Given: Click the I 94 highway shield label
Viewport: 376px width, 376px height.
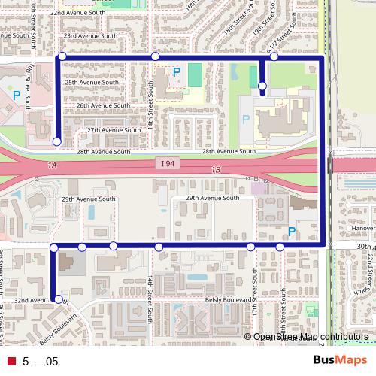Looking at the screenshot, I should coord(167,164).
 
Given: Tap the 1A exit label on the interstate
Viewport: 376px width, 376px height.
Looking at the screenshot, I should coord(51,165).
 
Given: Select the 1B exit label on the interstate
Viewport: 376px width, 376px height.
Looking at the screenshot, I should coord(216,170).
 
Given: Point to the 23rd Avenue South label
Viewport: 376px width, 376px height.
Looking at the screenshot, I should coord(90,36).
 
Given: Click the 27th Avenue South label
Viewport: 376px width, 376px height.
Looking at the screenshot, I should coord(114,130).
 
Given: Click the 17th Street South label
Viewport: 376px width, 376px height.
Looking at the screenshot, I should coord(255,288).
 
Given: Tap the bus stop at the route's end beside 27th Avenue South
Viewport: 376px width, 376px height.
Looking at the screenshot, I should coord(57,141).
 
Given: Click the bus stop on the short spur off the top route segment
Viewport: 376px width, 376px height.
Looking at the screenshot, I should coord(262,87).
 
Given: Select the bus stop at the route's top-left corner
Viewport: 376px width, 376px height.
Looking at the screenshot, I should coord(62,56).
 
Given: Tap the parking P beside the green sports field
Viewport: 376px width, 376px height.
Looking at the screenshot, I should coord(177,72).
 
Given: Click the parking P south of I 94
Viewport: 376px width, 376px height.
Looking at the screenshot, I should coord(291,232).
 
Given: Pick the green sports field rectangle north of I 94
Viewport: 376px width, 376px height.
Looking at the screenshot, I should coord(195,74).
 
